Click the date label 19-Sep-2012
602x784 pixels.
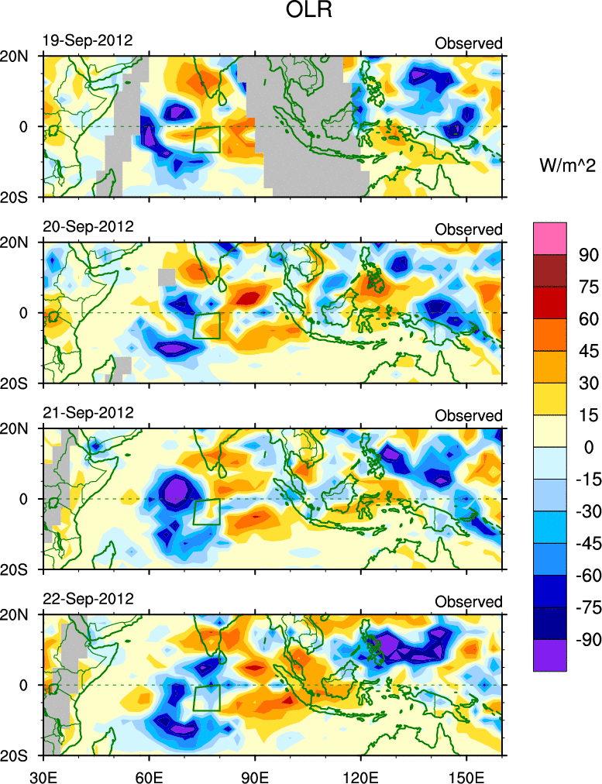point(88,40)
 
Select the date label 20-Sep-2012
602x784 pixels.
point(88,226)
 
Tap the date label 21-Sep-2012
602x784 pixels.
point(88,412)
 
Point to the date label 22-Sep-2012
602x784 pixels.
point(88,599)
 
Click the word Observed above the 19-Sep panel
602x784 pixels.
point(468,43)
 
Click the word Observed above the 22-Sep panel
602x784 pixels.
point(468,602)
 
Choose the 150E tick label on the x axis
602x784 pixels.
point(466,775)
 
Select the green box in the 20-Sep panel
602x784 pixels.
point(206,325)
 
